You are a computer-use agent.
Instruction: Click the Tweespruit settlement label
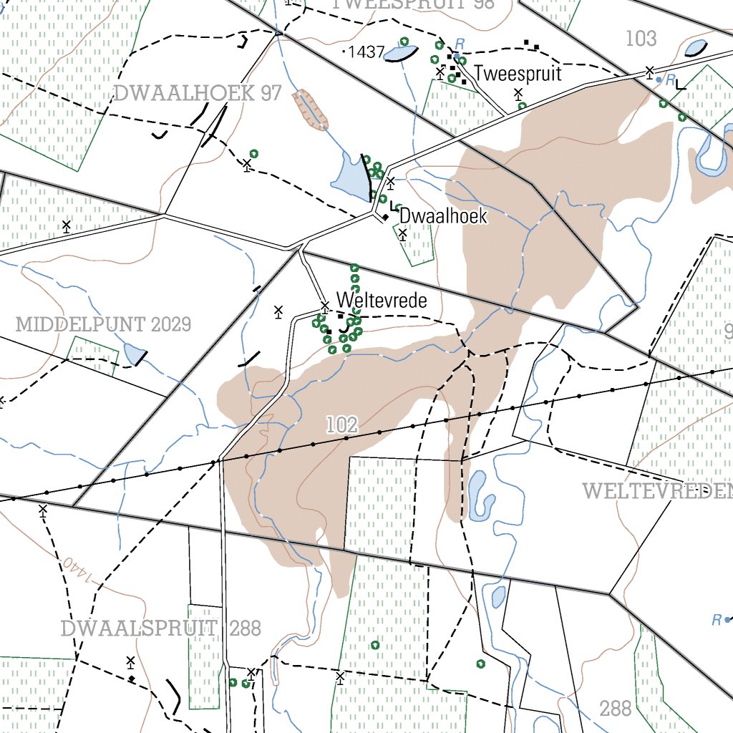click(518, 74)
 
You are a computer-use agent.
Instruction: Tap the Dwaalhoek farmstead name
click(443, 215)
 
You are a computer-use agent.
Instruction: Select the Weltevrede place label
click(382, 301)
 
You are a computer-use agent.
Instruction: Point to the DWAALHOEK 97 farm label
click(197, 93)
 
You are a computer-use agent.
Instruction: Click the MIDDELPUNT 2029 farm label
click(103, 324)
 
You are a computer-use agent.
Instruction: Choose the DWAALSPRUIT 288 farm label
click(160, 628)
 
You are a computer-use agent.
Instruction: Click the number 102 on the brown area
click(341, 424)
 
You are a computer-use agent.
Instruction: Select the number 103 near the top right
click(641, 39)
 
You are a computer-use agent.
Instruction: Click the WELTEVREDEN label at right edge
click(657, 491)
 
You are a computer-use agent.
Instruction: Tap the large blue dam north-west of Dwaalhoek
click(349, 176)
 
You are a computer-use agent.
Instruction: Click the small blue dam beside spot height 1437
click(401, 53)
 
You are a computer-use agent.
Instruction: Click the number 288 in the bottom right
click(616, 709)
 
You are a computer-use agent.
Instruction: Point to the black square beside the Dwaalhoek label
click(385, 217)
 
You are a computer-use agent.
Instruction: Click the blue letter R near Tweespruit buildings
click(460, 44)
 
